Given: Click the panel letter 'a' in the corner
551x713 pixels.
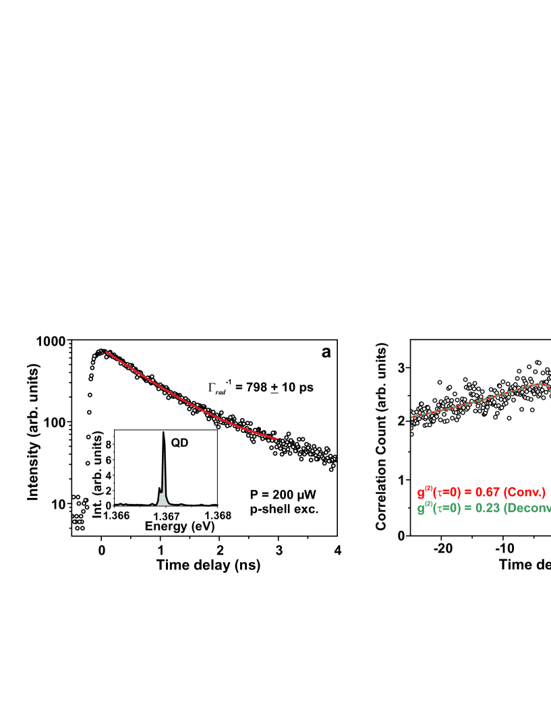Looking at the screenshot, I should (326, 352).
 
